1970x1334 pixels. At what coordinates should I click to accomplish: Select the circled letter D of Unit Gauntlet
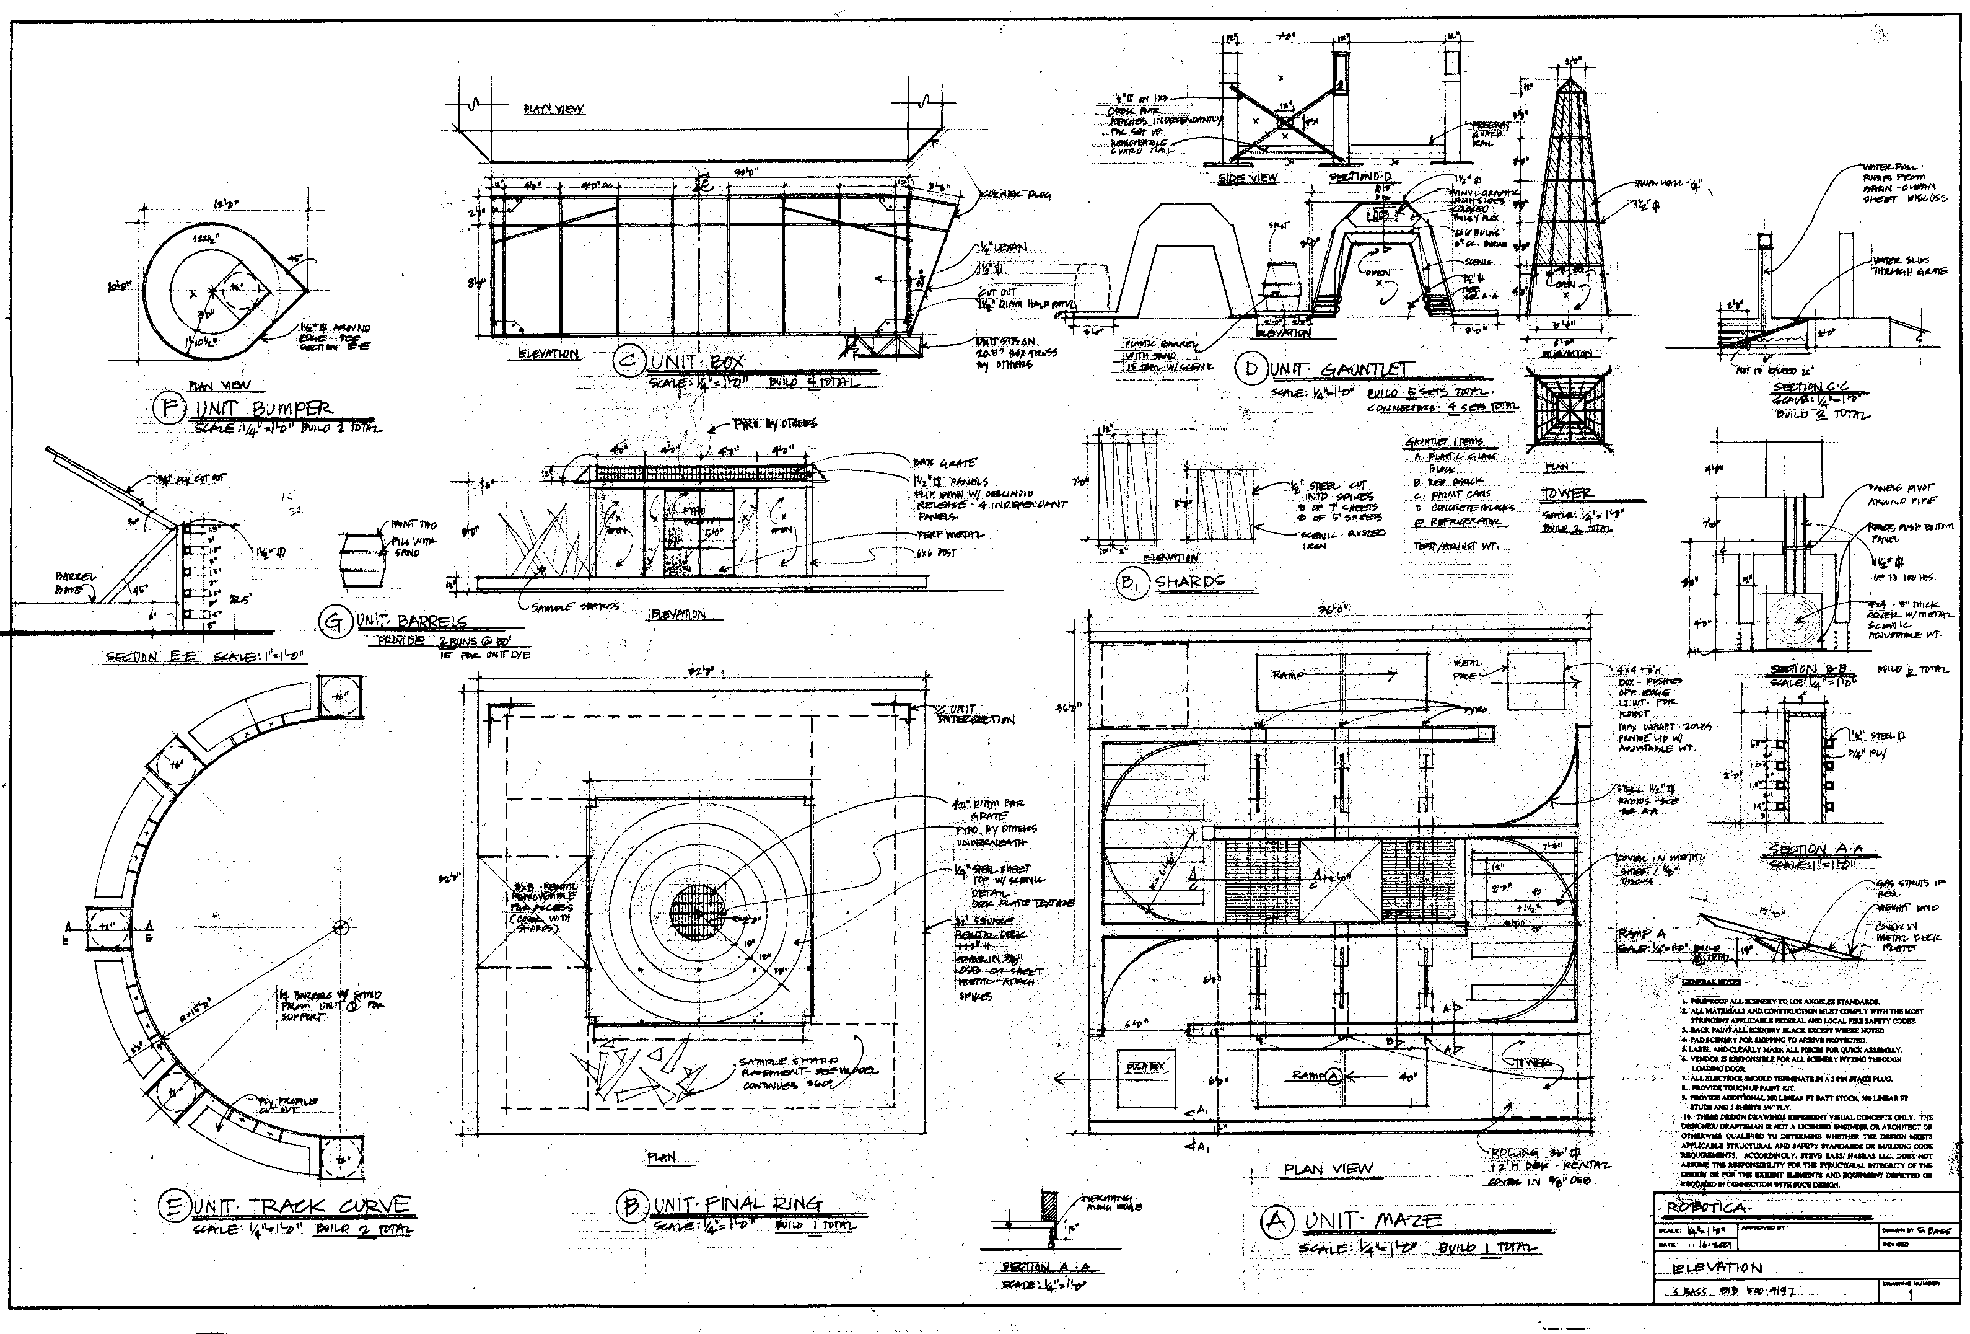1250,369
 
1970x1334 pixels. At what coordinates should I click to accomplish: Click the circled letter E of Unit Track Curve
172,1207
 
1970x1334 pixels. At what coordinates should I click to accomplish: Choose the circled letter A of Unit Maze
1276,1221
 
